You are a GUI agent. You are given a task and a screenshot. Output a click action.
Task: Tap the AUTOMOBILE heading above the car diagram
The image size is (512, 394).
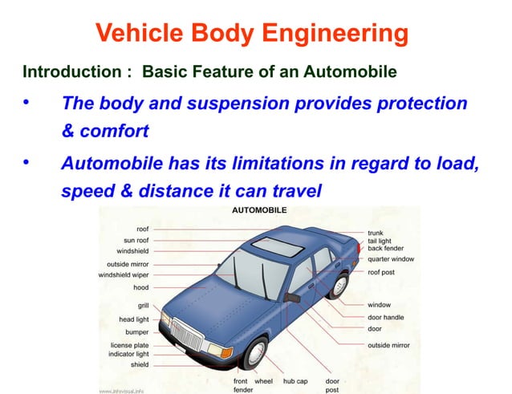258,210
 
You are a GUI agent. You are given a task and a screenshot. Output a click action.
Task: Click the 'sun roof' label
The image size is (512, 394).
136,240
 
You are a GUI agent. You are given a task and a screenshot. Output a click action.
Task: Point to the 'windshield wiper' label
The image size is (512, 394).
124,274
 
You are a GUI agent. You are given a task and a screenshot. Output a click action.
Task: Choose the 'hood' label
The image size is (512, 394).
140,286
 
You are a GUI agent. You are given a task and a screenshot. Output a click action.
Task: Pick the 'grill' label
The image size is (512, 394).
143,305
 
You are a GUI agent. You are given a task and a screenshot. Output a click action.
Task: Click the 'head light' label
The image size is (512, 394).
134,319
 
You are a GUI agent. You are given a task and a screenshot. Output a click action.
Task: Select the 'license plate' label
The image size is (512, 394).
129,345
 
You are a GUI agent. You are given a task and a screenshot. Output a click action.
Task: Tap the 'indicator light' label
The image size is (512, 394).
129,354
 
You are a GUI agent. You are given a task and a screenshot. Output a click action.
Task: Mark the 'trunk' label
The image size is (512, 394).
376,233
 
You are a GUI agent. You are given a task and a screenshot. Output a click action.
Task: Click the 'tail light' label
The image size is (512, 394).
380,241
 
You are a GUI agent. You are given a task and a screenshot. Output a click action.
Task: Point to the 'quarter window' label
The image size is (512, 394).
391,258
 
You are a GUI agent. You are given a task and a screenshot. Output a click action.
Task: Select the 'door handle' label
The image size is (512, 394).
386,317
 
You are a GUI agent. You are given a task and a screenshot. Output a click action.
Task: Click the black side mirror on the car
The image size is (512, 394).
291,297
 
